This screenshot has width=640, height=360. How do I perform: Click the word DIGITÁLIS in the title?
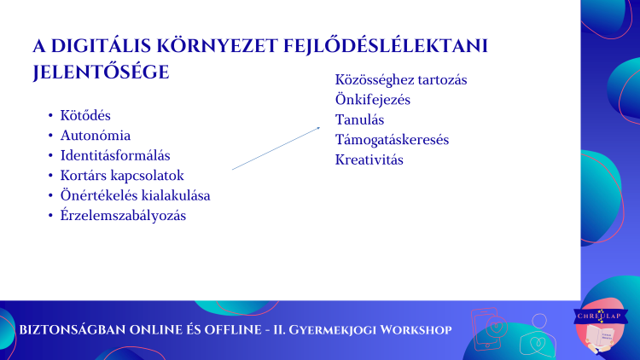[x=101, y=45]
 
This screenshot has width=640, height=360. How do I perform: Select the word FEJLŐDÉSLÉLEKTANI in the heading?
[x=386, y=45]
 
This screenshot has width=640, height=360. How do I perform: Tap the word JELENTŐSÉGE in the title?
[x=101, y=73]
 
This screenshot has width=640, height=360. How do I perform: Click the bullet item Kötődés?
[x=85, y=115]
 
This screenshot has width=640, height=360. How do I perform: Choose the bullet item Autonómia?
[x=96, y=136]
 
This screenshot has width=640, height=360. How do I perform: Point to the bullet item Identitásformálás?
[x=115, y=155]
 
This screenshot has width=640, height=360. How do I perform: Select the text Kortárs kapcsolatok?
[x=122, y=176]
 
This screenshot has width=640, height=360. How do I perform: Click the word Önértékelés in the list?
[x=99, y=195]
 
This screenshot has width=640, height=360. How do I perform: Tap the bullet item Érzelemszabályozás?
[x=123, y=216]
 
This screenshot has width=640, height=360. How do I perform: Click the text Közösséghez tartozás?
[x=401, y=80]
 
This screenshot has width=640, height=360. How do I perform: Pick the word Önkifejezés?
[x=373, y=100]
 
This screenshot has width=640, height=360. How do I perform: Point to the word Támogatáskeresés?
[x=392, y=140]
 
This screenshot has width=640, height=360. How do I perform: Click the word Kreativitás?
[x=369, y=160]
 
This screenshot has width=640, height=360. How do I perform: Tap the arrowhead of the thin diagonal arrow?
[x=318, y=128]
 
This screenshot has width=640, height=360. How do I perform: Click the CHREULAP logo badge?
[x=601, y=326]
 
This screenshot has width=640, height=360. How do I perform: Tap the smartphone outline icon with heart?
[x=488, y=329]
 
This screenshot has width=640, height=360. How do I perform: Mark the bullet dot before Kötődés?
[x=50, y=115]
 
